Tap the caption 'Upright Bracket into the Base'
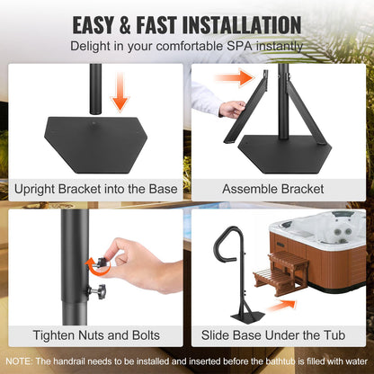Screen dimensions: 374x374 pos(93,190)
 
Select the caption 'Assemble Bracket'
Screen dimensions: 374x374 pos(280,190)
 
